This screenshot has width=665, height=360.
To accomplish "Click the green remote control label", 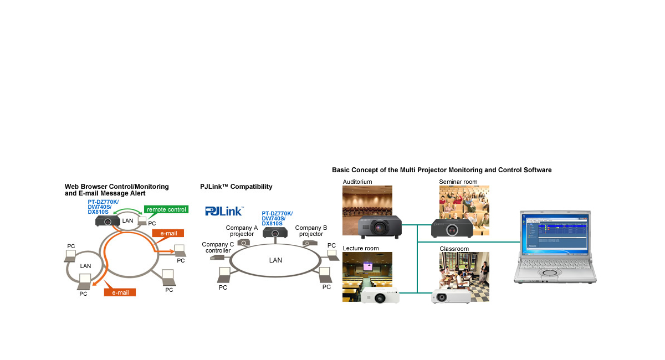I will click(x=166, y=209).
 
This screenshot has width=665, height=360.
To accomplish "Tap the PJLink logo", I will click(x=224, y=210).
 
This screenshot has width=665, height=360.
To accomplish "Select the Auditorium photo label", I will click(x=357, y=182).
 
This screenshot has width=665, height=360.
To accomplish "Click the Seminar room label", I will click(x=458, y=182).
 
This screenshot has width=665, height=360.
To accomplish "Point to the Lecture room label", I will click(x=360, y=248).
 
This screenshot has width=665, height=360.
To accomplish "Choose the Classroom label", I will click(x=454, y=249).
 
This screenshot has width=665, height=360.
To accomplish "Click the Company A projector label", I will click(x=242, y=230).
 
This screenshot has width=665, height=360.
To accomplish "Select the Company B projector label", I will click(x=311, y=230).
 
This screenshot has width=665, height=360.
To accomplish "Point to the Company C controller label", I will click(x=218, y=247).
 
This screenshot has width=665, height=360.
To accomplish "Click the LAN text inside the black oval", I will click(x=275, y=260).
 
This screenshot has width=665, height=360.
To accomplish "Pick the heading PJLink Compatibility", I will click(x=236, y=187).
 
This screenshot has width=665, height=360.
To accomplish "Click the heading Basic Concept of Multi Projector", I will click(x=442, y=170).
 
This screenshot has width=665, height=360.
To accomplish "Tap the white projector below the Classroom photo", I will click(x=451, y=296).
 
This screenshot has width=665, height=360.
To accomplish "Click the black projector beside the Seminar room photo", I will click(x=452, y=228).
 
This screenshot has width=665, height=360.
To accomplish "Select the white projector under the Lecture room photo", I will click(x=380, y=296).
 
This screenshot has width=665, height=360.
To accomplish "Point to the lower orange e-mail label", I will click(x=120, y=292).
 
